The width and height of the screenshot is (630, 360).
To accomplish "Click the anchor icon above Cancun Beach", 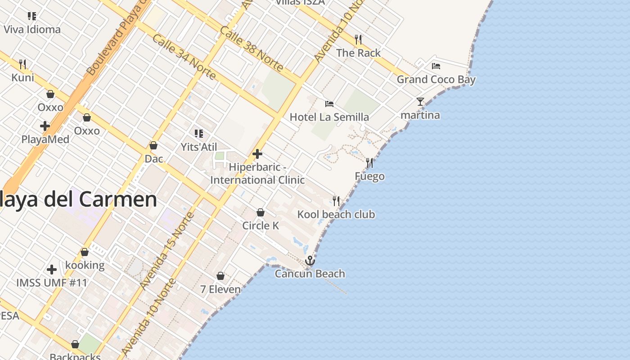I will point(310,261).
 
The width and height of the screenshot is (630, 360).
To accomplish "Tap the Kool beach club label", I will point(336,214).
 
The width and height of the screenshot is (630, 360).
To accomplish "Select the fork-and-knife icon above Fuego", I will point(369,162).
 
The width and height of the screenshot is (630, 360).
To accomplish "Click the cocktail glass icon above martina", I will point(420,102).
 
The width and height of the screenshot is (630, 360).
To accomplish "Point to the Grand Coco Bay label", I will point(436,80).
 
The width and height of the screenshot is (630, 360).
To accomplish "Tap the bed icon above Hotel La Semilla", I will point(329,104).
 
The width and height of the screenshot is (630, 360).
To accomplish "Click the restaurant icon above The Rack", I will point(358,40).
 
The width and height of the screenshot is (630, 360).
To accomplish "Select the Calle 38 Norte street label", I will point(252,49).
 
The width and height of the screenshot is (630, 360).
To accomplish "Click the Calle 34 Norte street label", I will point(184,57).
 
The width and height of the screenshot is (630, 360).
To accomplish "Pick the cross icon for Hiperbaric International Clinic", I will point(257,154).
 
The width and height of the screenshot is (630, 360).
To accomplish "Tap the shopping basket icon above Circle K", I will point(261,212).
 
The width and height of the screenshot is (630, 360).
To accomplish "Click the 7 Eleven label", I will point(220,289).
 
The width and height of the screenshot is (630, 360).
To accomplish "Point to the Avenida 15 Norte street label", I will point(166,251).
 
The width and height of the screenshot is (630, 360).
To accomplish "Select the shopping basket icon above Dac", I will point(153,145).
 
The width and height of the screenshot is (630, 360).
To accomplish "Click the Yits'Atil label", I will point(198,147).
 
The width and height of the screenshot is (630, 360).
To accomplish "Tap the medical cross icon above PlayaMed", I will point(45,126).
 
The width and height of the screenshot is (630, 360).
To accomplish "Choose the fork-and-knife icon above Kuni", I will point(22,64).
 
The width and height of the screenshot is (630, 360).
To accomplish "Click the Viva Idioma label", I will point(32,30).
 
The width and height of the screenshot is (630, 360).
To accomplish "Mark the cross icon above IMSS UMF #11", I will point(52,270).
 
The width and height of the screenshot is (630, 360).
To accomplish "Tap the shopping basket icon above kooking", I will point(85,252).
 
